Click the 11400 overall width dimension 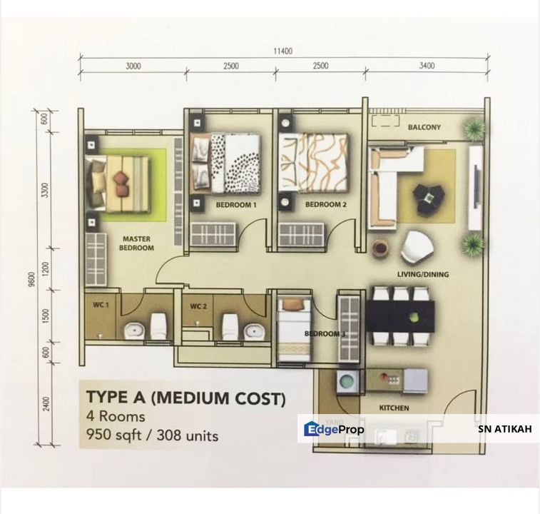point(282,51)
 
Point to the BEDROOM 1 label point(235,205)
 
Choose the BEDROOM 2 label point(325,205)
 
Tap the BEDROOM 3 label point(325,334)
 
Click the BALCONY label point(424,128)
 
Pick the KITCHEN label point(394,408)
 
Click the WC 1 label point(101,306)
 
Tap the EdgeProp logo point(334,429)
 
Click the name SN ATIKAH point(504,429)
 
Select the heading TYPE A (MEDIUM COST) point(185,398)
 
